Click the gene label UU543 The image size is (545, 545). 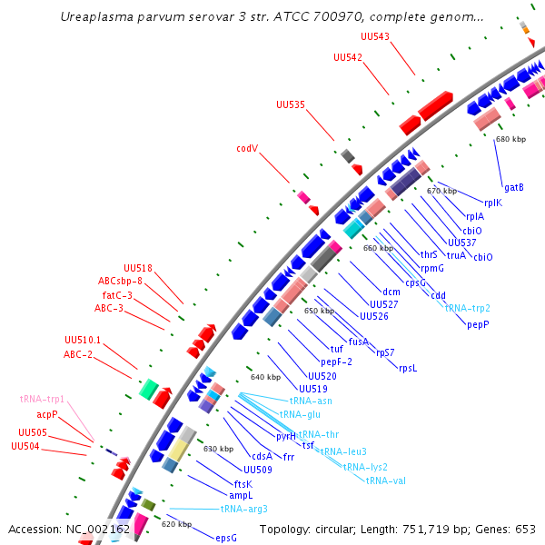[375, 36]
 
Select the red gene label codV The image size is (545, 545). [247, 148]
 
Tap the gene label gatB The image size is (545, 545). [513, 187]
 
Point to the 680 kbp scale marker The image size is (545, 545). [510, 140]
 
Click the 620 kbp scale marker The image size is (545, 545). [176, 524]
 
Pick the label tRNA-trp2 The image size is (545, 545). [468, 308]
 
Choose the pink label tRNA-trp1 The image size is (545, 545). [42, 399]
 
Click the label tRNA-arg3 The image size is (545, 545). [243, 509]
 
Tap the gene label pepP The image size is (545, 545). [478, 323]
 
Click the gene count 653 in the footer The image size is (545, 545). [527, 529]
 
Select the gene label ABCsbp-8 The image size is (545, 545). [121, 281]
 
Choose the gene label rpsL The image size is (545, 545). [407, 368]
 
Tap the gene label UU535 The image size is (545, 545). [291, 105]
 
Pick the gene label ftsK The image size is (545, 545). [243, 483]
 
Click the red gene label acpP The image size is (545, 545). [47, 414]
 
